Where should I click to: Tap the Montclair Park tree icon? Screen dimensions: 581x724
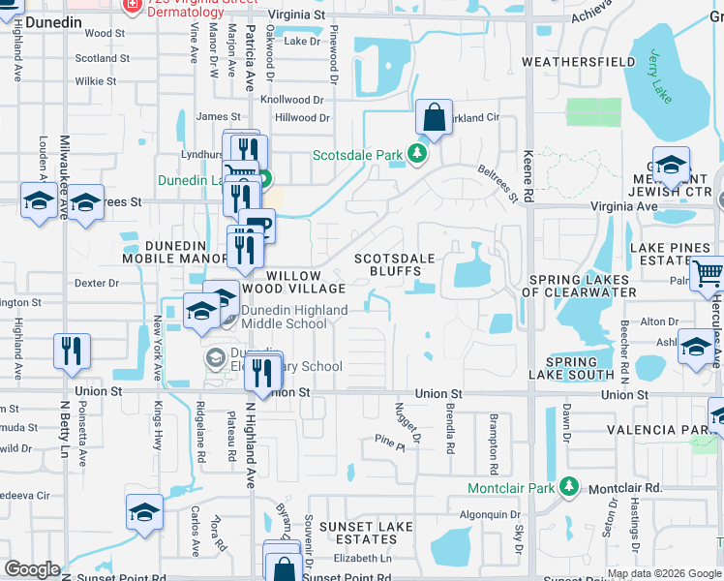tap(570, 487)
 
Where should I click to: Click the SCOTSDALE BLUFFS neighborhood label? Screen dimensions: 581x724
tap(395, 265)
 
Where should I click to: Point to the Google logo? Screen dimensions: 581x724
tap(33, 569)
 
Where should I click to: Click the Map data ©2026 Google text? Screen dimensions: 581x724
tap(663, 573)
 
